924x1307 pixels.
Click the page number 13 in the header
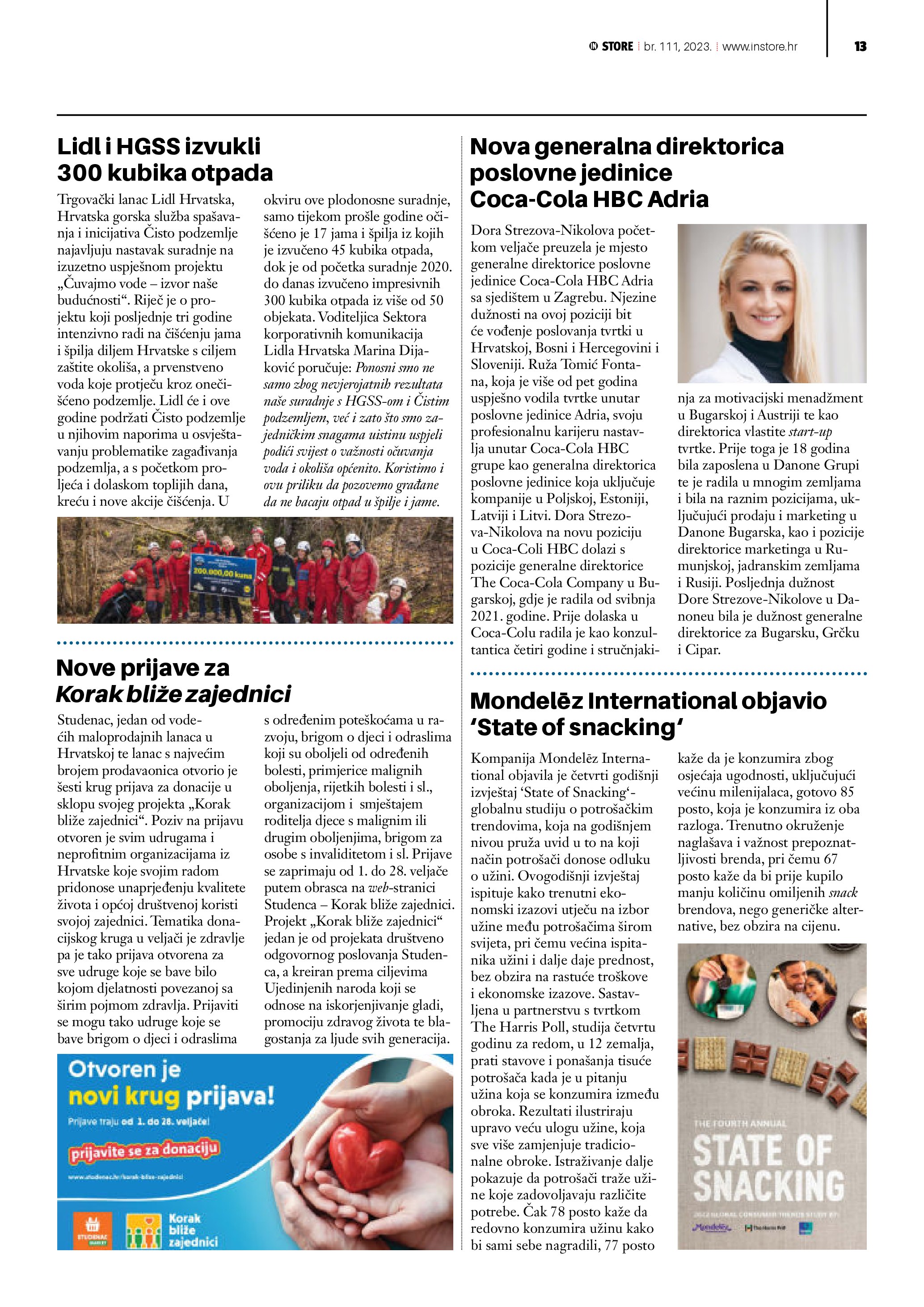pos(860,47)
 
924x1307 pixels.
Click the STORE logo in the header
pos(611,47)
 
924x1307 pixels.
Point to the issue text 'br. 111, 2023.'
pos(678,47)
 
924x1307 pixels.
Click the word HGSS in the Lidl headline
pos(149,146)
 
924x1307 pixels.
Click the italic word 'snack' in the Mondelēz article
pos(843,892)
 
